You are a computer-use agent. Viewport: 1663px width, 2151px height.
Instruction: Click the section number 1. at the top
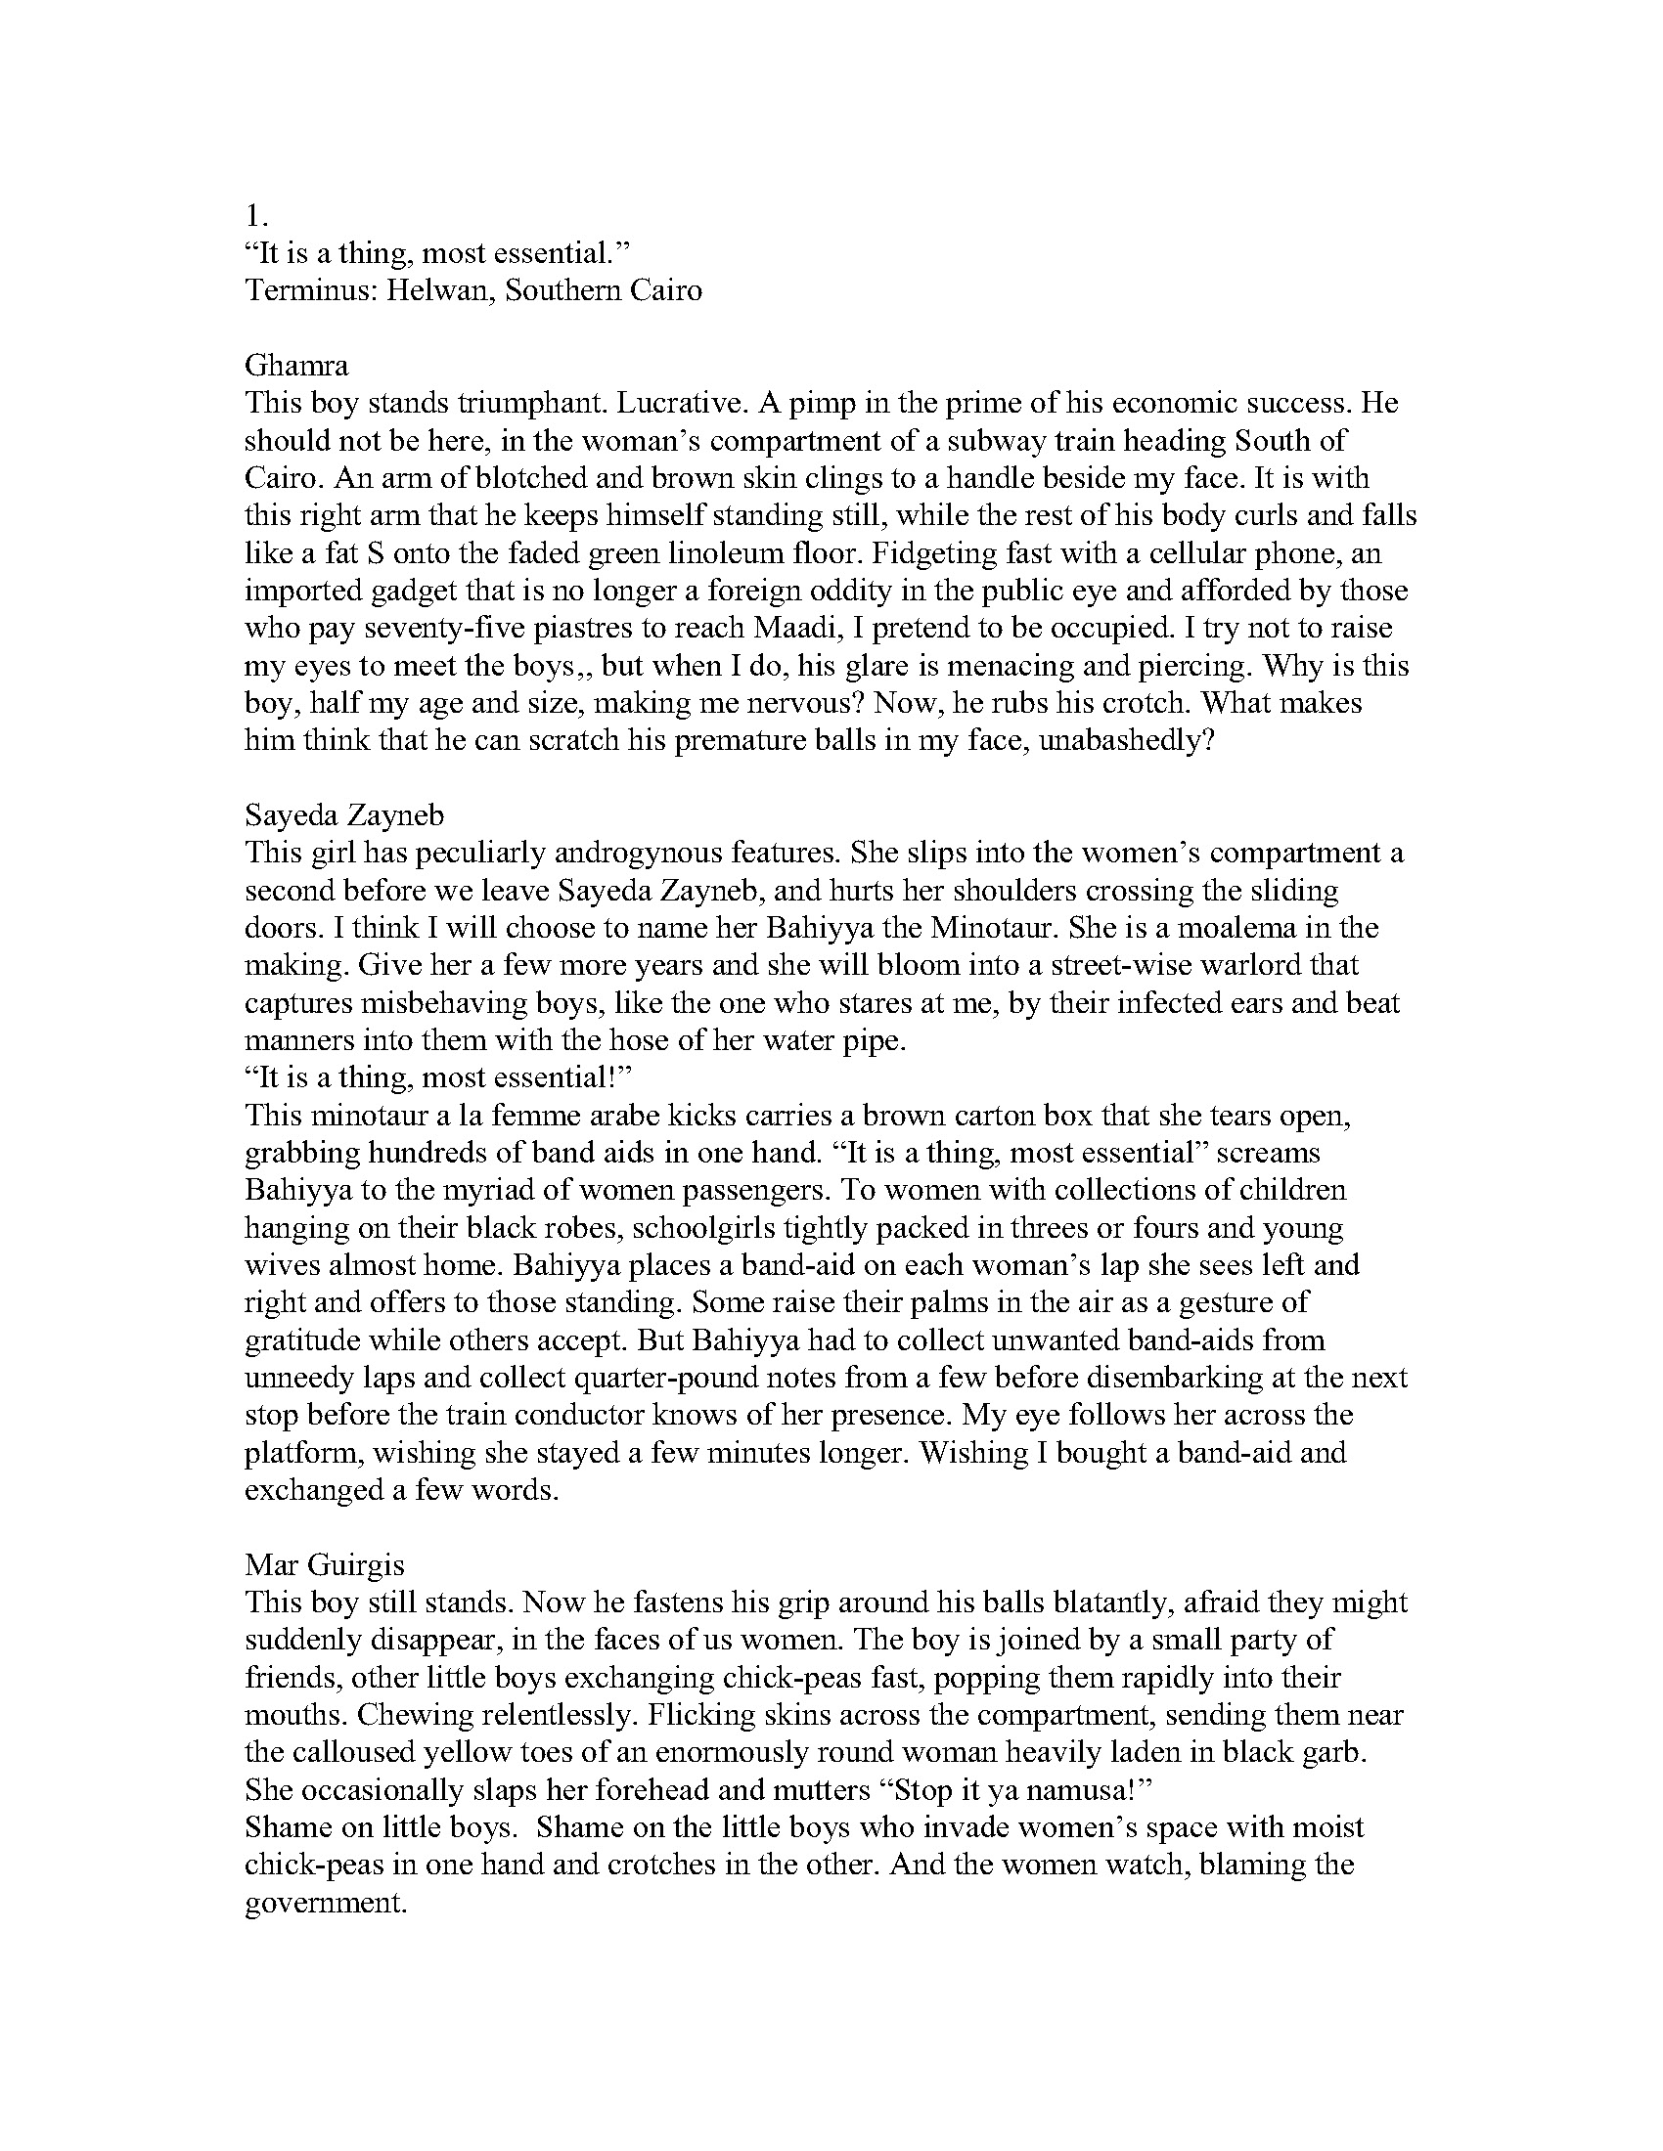pyautogui.click(x=257, y=216)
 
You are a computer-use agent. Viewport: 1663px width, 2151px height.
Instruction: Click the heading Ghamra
pyautogui.click(x=296, y=366)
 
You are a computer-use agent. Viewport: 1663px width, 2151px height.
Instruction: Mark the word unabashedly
pyautogui.click(x=1106, y=740)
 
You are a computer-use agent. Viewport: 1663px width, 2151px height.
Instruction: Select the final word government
pyautogui.click(x=325, y=1902)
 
